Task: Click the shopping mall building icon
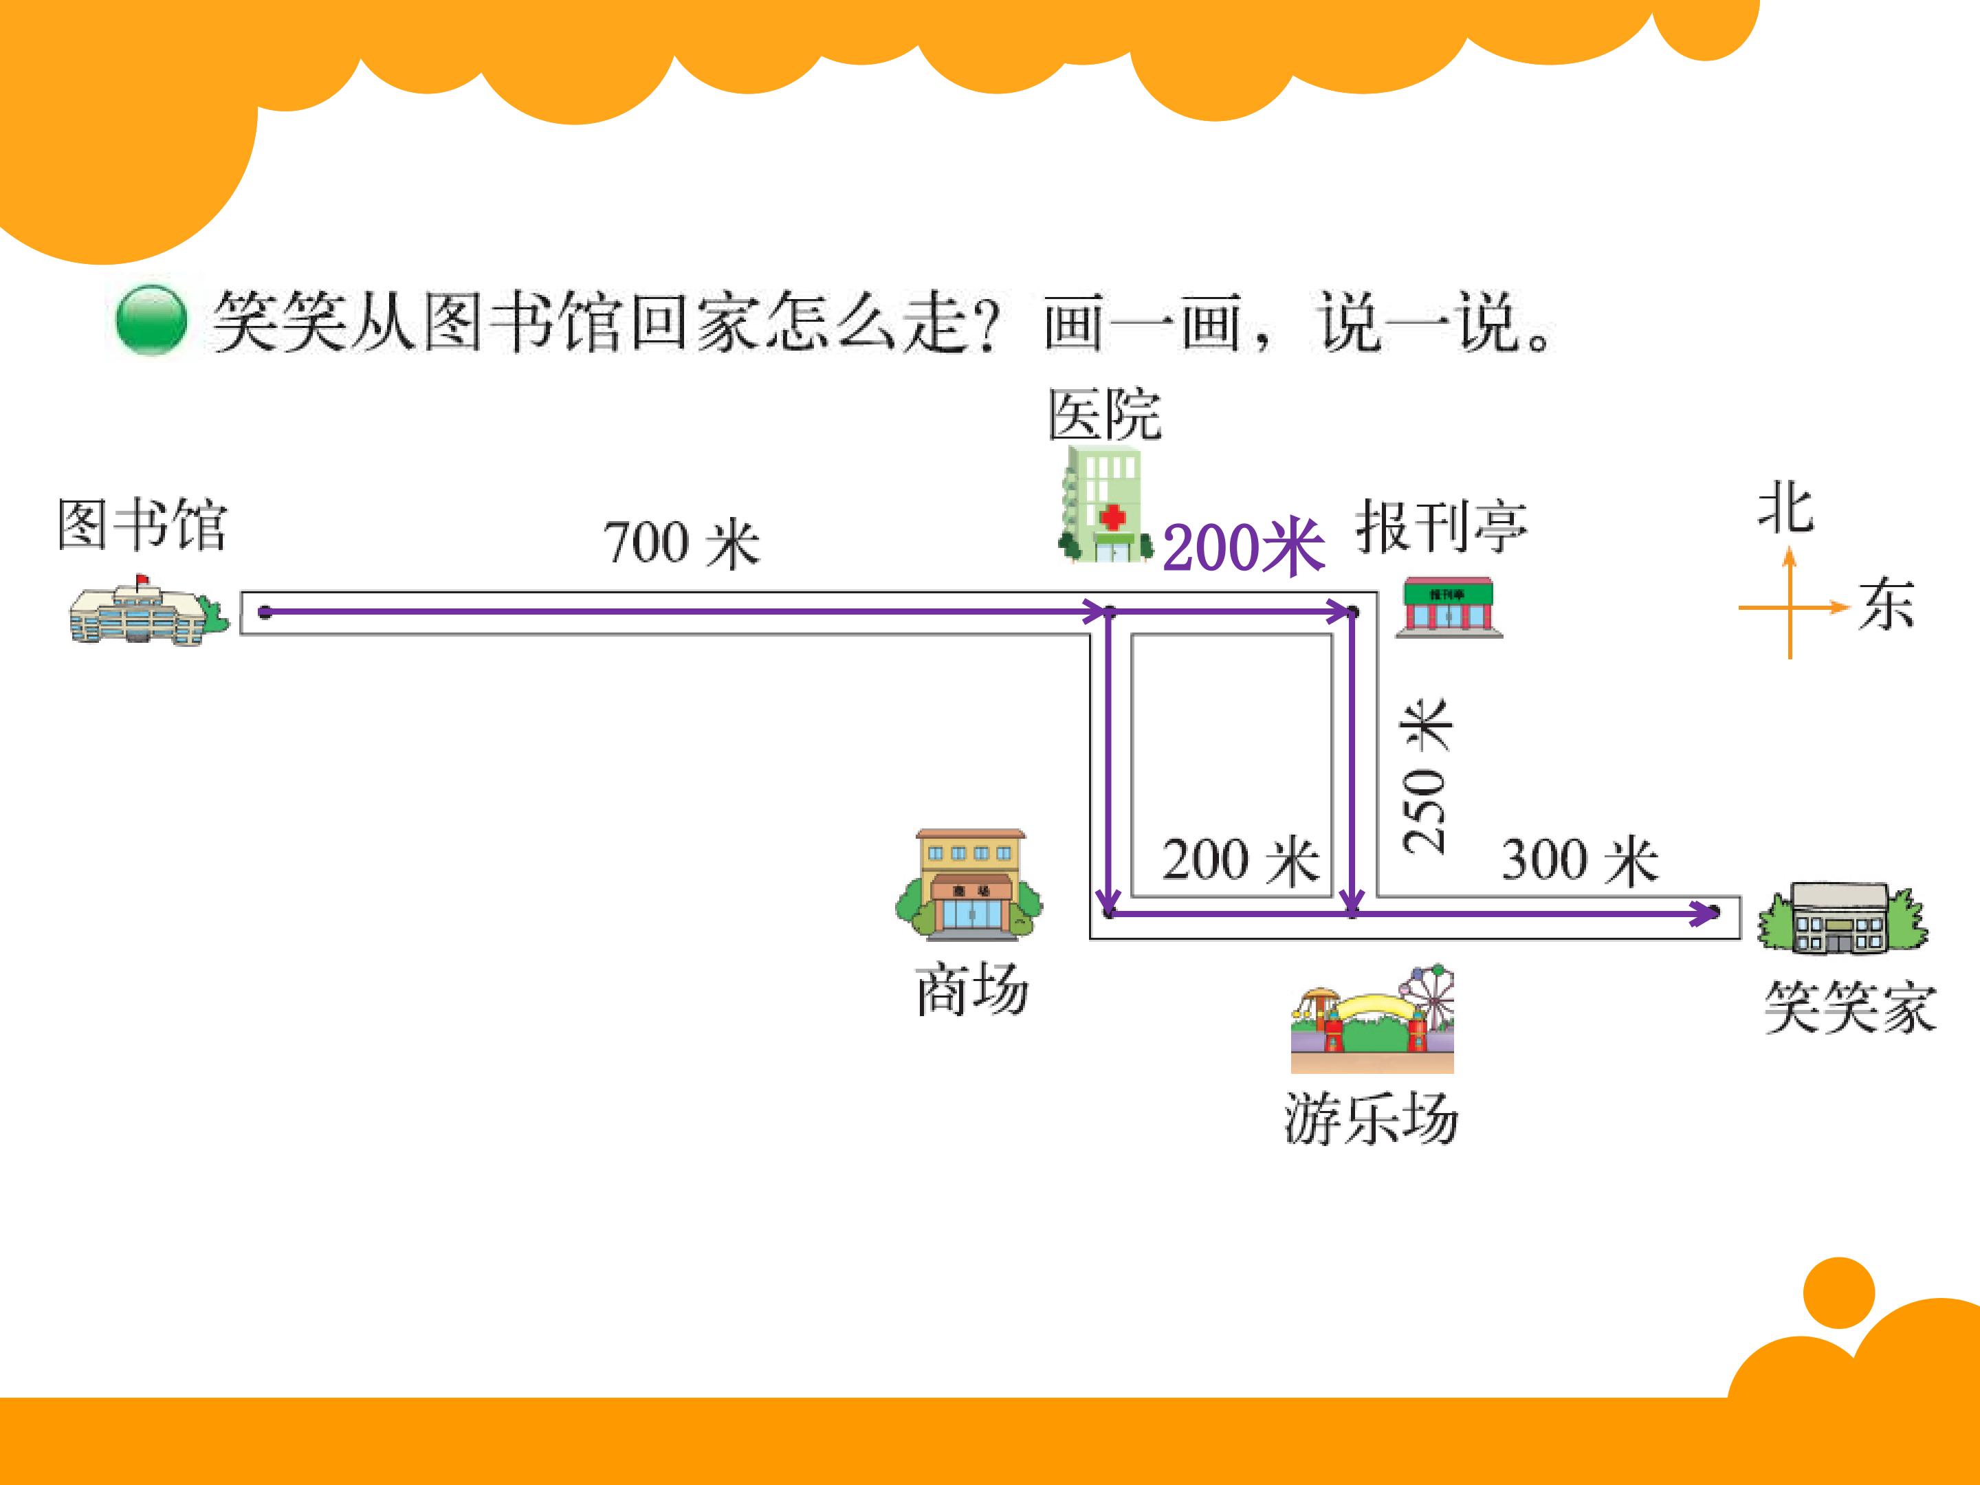point(969,883)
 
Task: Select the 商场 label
point(971,990)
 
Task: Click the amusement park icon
point(1372,1020)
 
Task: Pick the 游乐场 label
point(1372,1118)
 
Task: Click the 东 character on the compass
point(1886,605)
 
